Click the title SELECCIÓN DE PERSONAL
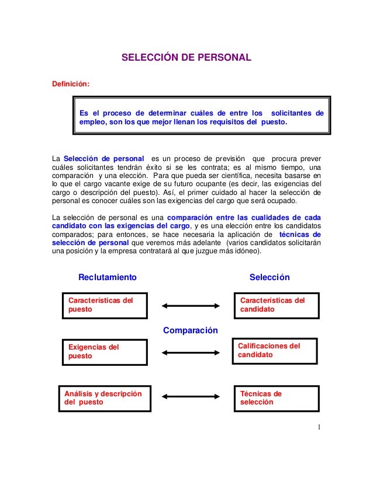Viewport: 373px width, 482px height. click(x=186, y=58)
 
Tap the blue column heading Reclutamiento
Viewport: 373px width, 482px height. click(x=108, y=277)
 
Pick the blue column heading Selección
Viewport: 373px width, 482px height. click(x=270, y=277)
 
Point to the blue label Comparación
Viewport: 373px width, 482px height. click(x=190, y=330)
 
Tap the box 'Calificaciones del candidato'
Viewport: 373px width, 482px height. click(x=275, y=351)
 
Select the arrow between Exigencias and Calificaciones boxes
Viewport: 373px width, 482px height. click(x=189, y=352)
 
